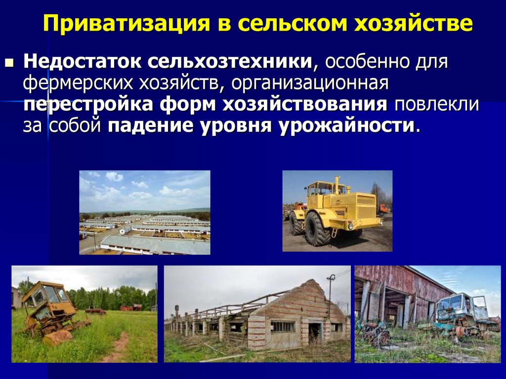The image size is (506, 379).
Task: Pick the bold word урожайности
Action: coord(346,126)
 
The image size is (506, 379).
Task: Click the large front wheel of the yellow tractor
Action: coord(317,229)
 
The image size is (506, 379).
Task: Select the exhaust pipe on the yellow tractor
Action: coord(337,184)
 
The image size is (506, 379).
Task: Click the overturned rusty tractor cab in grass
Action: coord(48,301)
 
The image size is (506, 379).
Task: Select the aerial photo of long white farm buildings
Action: coord(145,212)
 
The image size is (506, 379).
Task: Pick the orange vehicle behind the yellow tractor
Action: coord(383,210)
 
